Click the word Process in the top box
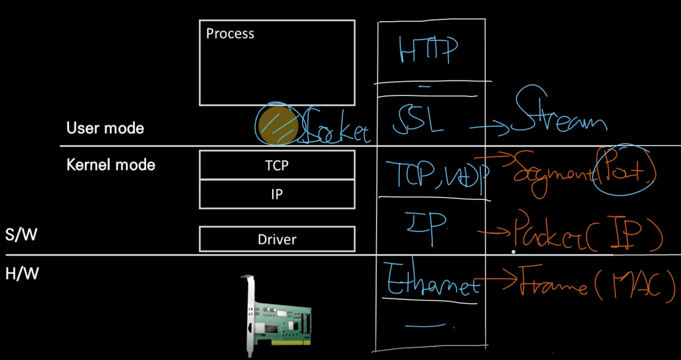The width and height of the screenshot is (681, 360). point(230,34)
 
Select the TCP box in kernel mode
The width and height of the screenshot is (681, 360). point(277,165)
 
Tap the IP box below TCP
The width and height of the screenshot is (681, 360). point(277,194)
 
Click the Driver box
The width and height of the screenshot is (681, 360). point(277,239)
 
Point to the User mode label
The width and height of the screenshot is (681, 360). point(105,128)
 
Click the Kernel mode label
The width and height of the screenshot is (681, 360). point(111,165)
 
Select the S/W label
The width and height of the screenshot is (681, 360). point(21,235)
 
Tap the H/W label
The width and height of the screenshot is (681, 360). point(22,274)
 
